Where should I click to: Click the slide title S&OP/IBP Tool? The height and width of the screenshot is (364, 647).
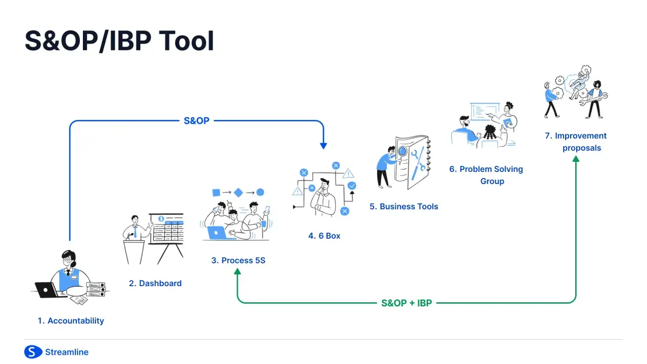[x=119, y=41]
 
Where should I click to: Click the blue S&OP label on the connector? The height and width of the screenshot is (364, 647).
[x=196, y=121]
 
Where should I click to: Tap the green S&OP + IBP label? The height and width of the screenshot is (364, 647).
[x=406, y=303]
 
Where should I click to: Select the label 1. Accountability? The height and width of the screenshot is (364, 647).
[x=71, y=321]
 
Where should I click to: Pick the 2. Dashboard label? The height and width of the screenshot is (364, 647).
[x=155, y=283]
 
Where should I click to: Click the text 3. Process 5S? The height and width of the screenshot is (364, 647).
[x=238, y=260]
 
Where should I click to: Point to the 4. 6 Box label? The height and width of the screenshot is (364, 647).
[x=324, y=236]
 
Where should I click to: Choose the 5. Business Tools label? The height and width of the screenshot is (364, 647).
[x=403, y=206]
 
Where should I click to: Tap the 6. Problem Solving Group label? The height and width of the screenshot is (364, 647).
[x=486, y=175]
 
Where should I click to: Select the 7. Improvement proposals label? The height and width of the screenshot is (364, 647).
[x=576, y=142]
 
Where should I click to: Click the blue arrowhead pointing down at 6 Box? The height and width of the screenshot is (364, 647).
[x=323, y=146]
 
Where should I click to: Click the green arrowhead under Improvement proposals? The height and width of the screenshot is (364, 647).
[x=576, y=159]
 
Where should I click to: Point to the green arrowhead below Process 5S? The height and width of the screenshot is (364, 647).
[x=237, y=271]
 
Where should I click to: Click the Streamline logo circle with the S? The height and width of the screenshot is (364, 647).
[x=33, y=352]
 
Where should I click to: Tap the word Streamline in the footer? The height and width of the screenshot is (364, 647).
[x=67, y=352]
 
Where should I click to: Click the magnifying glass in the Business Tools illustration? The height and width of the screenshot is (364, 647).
[x=402, y=151]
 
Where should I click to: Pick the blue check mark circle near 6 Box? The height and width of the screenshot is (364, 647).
[x=352, y=186]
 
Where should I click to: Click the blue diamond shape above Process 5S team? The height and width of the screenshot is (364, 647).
[x=238, y=192]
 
